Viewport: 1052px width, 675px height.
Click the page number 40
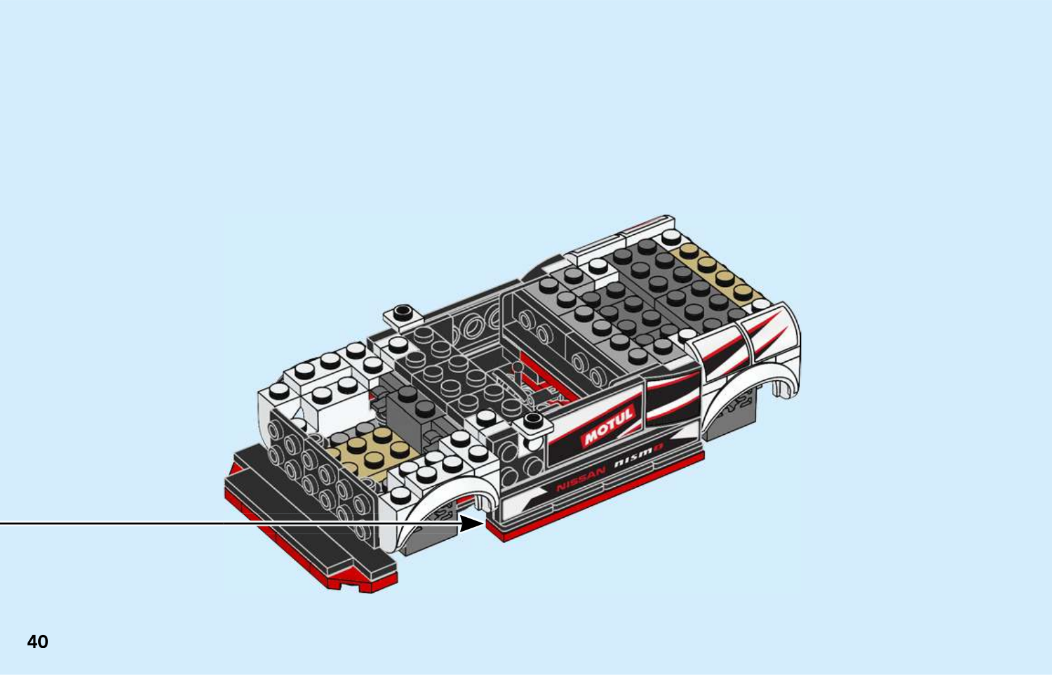tap(37, 641)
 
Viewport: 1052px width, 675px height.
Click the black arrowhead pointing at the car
tap(471, 523)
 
